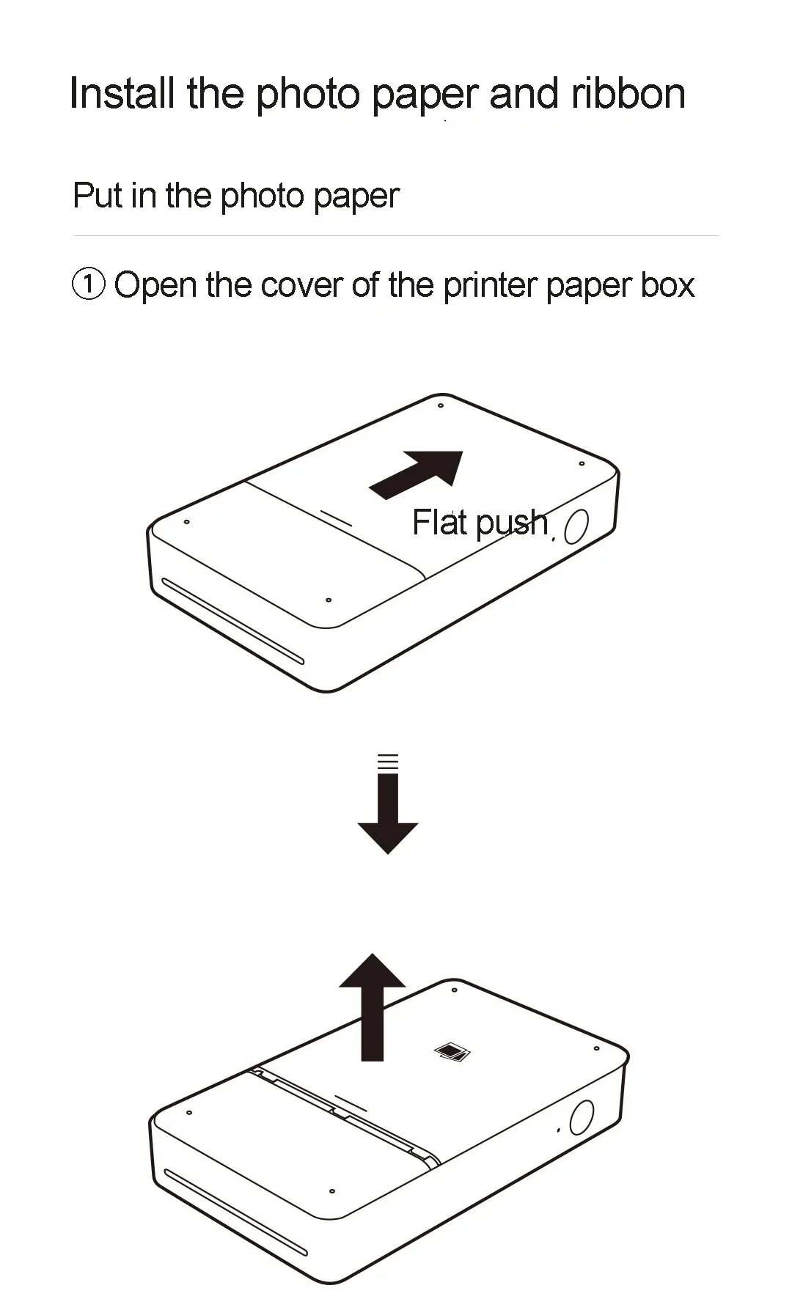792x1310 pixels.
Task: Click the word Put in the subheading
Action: [98, 196]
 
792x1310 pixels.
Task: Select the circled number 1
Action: [89, 284]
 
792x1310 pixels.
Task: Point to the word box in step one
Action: [667, 284]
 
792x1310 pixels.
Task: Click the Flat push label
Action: [480, 523]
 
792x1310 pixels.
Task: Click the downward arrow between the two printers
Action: [388, 814]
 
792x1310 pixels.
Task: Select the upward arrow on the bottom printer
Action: [373, 1008]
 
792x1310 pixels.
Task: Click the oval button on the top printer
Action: [577, 526]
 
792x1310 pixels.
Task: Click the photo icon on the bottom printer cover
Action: [452, 1053]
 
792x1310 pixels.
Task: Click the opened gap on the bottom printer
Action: [345, 1114]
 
